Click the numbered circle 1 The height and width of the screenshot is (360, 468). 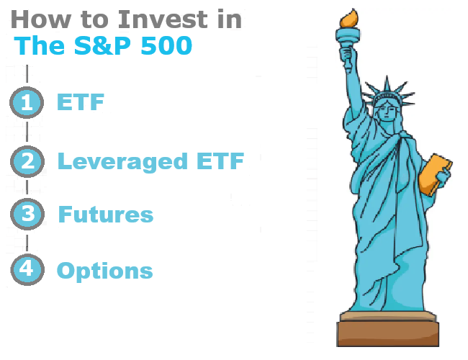tap(27, 102)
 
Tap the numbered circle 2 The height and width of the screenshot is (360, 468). tap(27, 161)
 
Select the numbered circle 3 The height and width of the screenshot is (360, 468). tap(27, 215)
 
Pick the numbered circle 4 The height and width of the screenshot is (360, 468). tap(27, 270)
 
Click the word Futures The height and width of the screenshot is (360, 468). tap(105, 215)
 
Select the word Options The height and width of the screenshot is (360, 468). tap(104, 271)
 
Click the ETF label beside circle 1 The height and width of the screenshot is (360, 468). tap(80, 102)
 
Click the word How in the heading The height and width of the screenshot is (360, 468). tap(33, 19)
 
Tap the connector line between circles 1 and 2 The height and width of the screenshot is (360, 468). tap(27, 132)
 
